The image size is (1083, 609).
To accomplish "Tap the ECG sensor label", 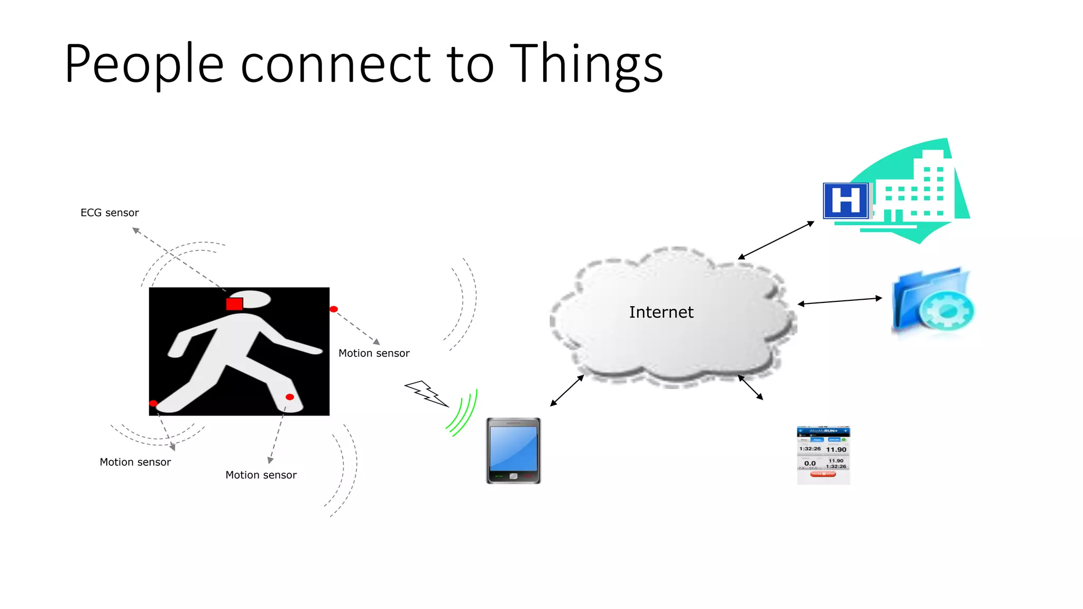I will (x=109, y=213).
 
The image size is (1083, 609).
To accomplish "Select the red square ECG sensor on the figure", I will (x=234, y=304).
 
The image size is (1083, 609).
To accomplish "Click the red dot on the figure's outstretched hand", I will (x=334, y=309).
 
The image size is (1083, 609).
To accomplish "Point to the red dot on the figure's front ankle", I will (x=290, y=397).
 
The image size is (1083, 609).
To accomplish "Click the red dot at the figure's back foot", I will (x=153, y=403).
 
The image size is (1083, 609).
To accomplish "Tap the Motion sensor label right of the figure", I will (x=374, y=353).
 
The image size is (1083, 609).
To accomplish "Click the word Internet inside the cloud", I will (x=661, y=312).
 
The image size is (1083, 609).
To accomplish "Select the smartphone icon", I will (x=513, y=450).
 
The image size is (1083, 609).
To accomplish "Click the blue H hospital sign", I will (x=846, y=201).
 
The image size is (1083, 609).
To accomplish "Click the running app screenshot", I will (x=823, y=455).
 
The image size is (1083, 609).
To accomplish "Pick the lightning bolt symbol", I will (x=426, y=393).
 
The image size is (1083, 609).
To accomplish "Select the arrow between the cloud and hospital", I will (x=776, y=241).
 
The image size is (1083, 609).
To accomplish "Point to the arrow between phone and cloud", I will (x=567, y=391).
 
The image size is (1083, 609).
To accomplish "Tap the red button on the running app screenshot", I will (x=823, y=474).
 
